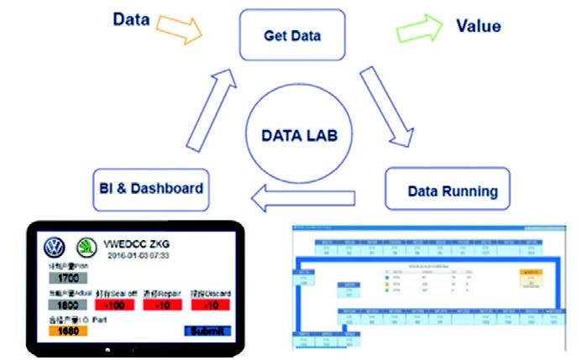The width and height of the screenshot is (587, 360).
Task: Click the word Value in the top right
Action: pyautogui.click(x=478, y=25)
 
